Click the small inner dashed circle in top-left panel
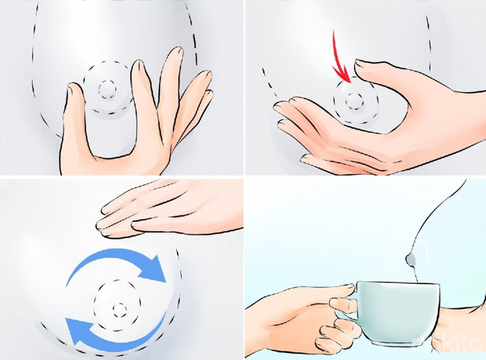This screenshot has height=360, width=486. [x=108, y=89]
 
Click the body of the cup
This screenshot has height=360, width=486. [x=399, y=312]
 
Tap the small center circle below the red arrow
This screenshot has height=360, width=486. [x=355, y=101]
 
